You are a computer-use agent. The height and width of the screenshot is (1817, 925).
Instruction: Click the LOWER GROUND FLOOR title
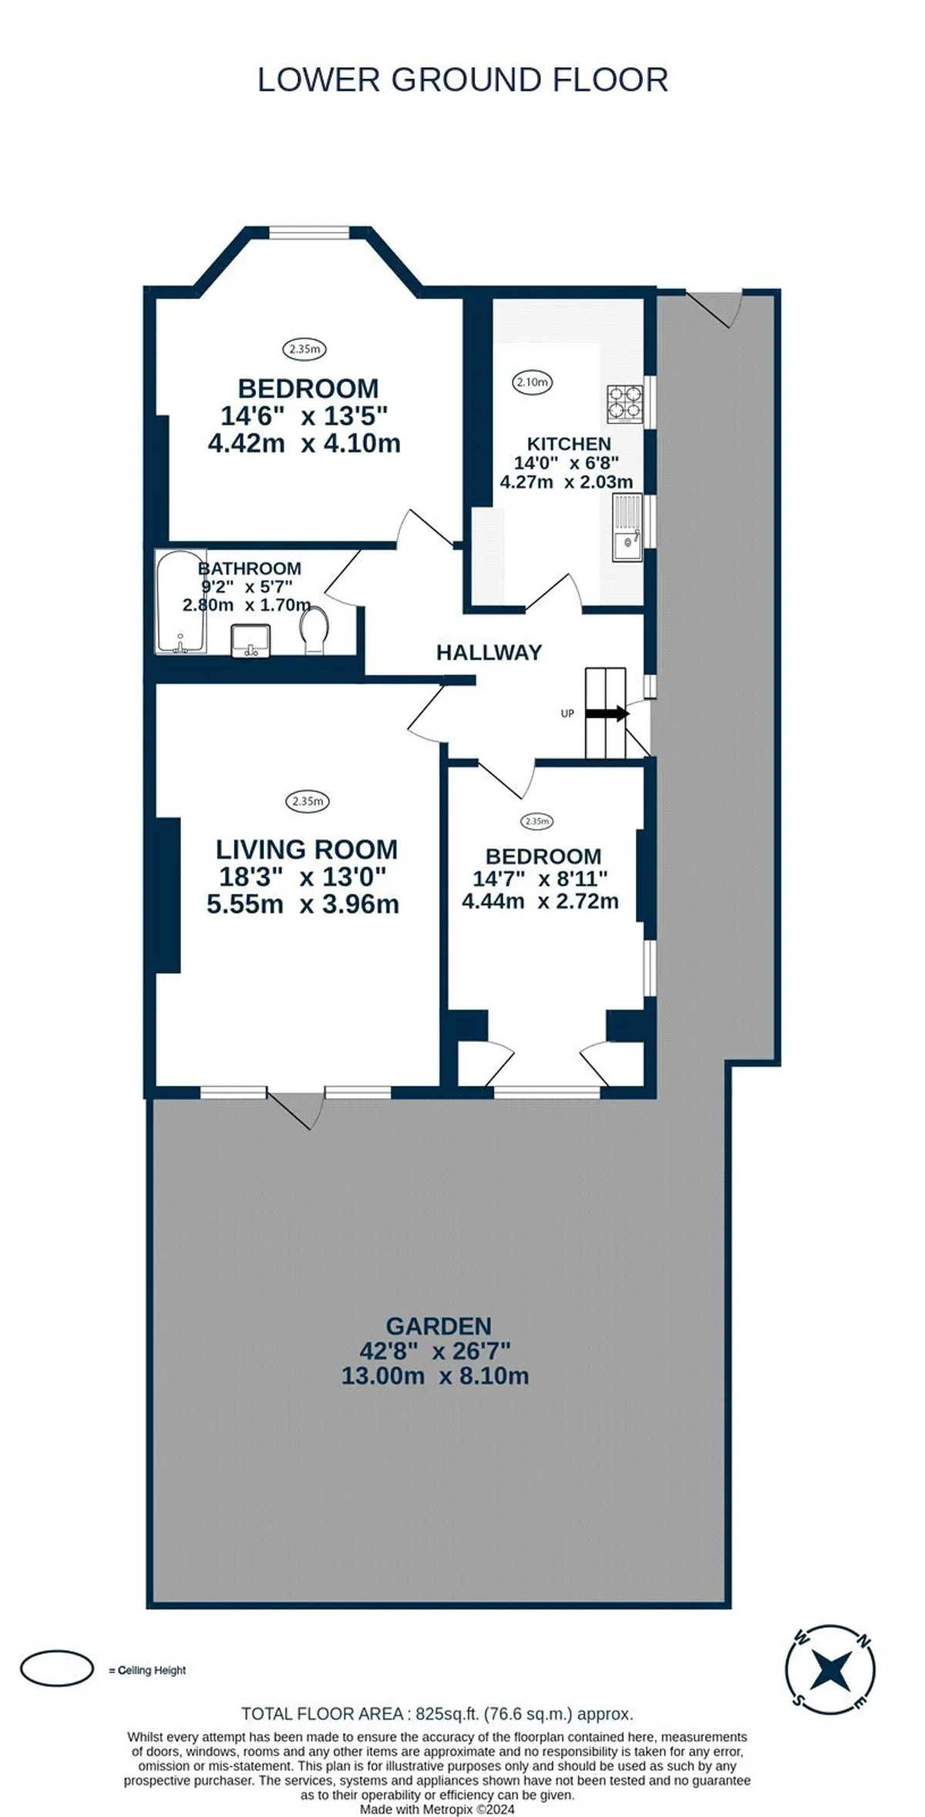462,80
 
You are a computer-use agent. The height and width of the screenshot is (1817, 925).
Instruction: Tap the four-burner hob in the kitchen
624,403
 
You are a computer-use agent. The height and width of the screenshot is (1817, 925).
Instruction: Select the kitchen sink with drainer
627,528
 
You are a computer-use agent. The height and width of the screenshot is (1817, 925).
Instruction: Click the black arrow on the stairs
607,713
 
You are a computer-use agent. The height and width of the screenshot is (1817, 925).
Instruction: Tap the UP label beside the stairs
567,713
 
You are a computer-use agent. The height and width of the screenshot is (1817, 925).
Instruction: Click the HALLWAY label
489,652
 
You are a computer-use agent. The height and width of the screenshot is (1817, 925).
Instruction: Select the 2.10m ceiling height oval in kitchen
533,382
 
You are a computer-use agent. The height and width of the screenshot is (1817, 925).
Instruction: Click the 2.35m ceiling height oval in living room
308,801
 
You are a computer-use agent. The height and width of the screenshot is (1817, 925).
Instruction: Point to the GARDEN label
439,1326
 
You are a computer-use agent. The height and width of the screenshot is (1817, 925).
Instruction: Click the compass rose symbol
830,1670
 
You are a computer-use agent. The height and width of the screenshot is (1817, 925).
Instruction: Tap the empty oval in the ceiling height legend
56,1670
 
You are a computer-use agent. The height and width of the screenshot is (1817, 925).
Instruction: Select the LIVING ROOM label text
307,849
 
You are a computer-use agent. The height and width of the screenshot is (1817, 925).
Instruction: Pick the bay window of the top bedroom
308,231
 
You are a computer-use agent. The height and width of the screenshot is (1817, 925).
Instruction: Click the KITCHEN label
569,443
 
